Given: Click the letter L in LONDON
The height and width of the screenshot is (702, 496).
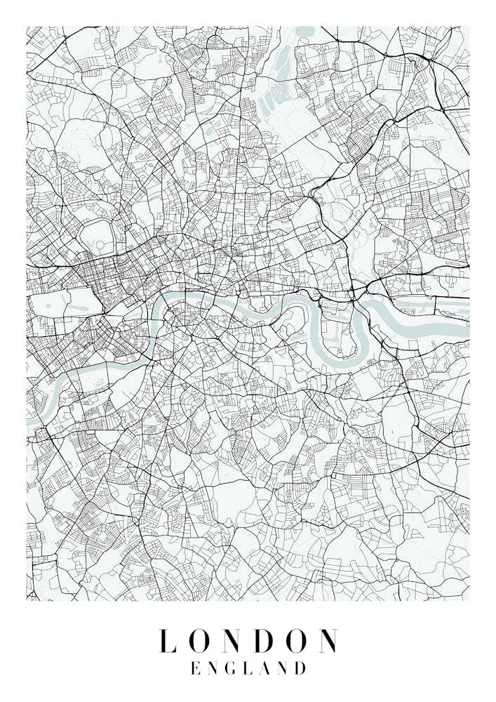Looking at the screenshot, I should (166, 641).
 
